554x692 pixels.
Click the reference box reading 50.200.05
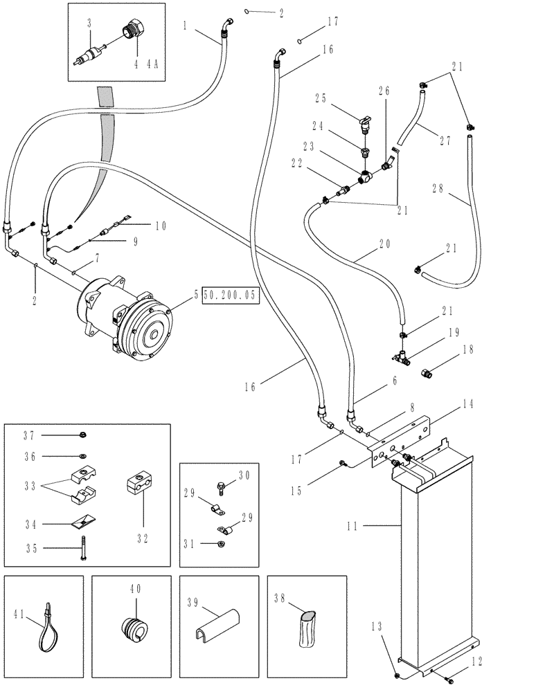coord(229,295)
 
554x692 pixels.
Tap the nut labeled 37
coord(82,435)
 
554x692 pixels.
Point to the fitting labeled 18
coord(428,374)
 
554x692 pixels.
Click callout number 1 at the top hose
coord(186,26)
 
